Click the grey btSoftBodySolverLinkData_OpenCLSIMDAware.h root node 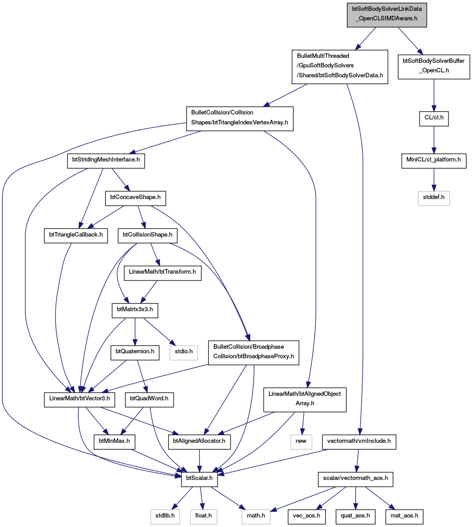(x=387, y=14)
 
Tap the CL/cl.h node (x=434, y=118)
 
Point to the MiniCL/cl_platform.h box (x=434, y=160)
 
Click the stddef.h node (x=434, y=198)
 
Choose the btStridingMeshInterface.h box (x=106, y=160)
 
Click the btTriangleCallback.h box (x=76, y=235)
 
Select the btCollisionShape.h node (x=147, y=235)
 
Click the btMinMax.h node (x=114, y=442)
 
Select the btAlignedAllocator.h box (x=199, y=442)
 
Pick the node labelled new (x=301, y=442)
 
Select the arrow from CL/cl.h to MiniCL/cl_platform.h (x=434, y=140)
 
